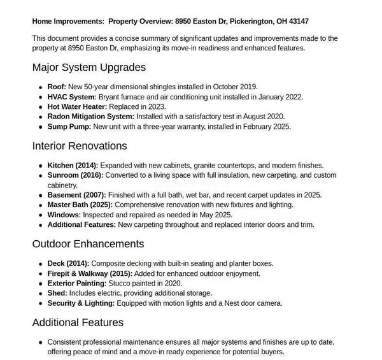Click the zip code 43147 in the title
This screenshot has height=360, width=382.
[298, 21]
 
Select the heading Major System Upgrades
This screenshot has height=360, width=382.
[89, 67]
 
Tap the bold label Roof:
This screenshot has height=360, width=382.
[57, 87]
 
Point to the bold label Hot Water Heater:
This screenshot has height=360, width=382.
[77, 106]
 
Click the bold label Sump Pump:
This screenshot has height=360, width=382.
[70, 126]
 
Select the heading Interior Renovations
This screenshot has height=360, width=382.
[80, 146]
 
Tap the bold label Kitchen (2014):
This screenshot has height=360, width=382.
[73, 165]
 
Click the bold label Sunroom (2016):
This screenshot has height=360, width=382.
[75, 175]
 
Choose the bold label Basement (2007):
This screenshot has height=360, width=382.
[76, 195]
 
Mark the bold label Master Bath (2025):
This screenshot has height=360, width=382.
[81, 205]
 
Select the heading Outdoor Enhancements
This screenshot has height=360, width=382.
[88, 244]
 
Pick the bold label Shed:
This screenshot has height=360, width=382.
[58, 293]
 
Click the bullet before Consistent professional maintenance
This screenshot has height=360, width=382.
[40, 342]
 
